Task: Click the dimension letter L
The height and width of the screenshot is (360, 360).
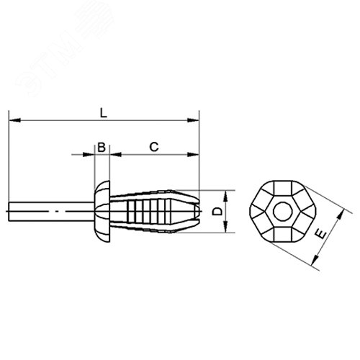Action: tap(104, 112)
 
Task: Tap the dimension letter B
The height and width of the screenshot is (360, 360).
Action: tap(102, 147)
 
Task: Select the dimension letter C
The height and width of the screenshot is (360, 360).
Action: tap(153, 147)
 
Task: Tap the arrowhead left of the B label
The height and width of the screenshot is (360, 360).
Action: tap(91, 154)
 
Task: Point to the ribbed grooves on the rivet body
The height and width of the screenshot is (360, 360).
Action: tap(144, 211)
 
